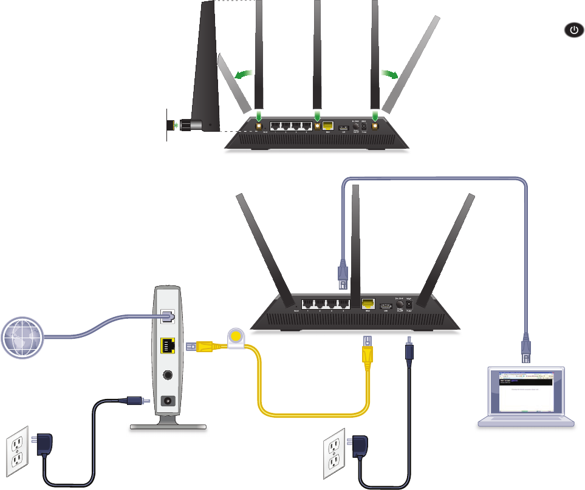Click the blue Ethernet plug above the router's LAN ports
[x=342, y=273]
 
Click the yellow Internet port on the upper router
[x=328, y=126]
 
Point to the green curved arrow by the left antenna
[x=244, y=74]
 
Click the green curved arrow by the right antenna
[x=389, y=74]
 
